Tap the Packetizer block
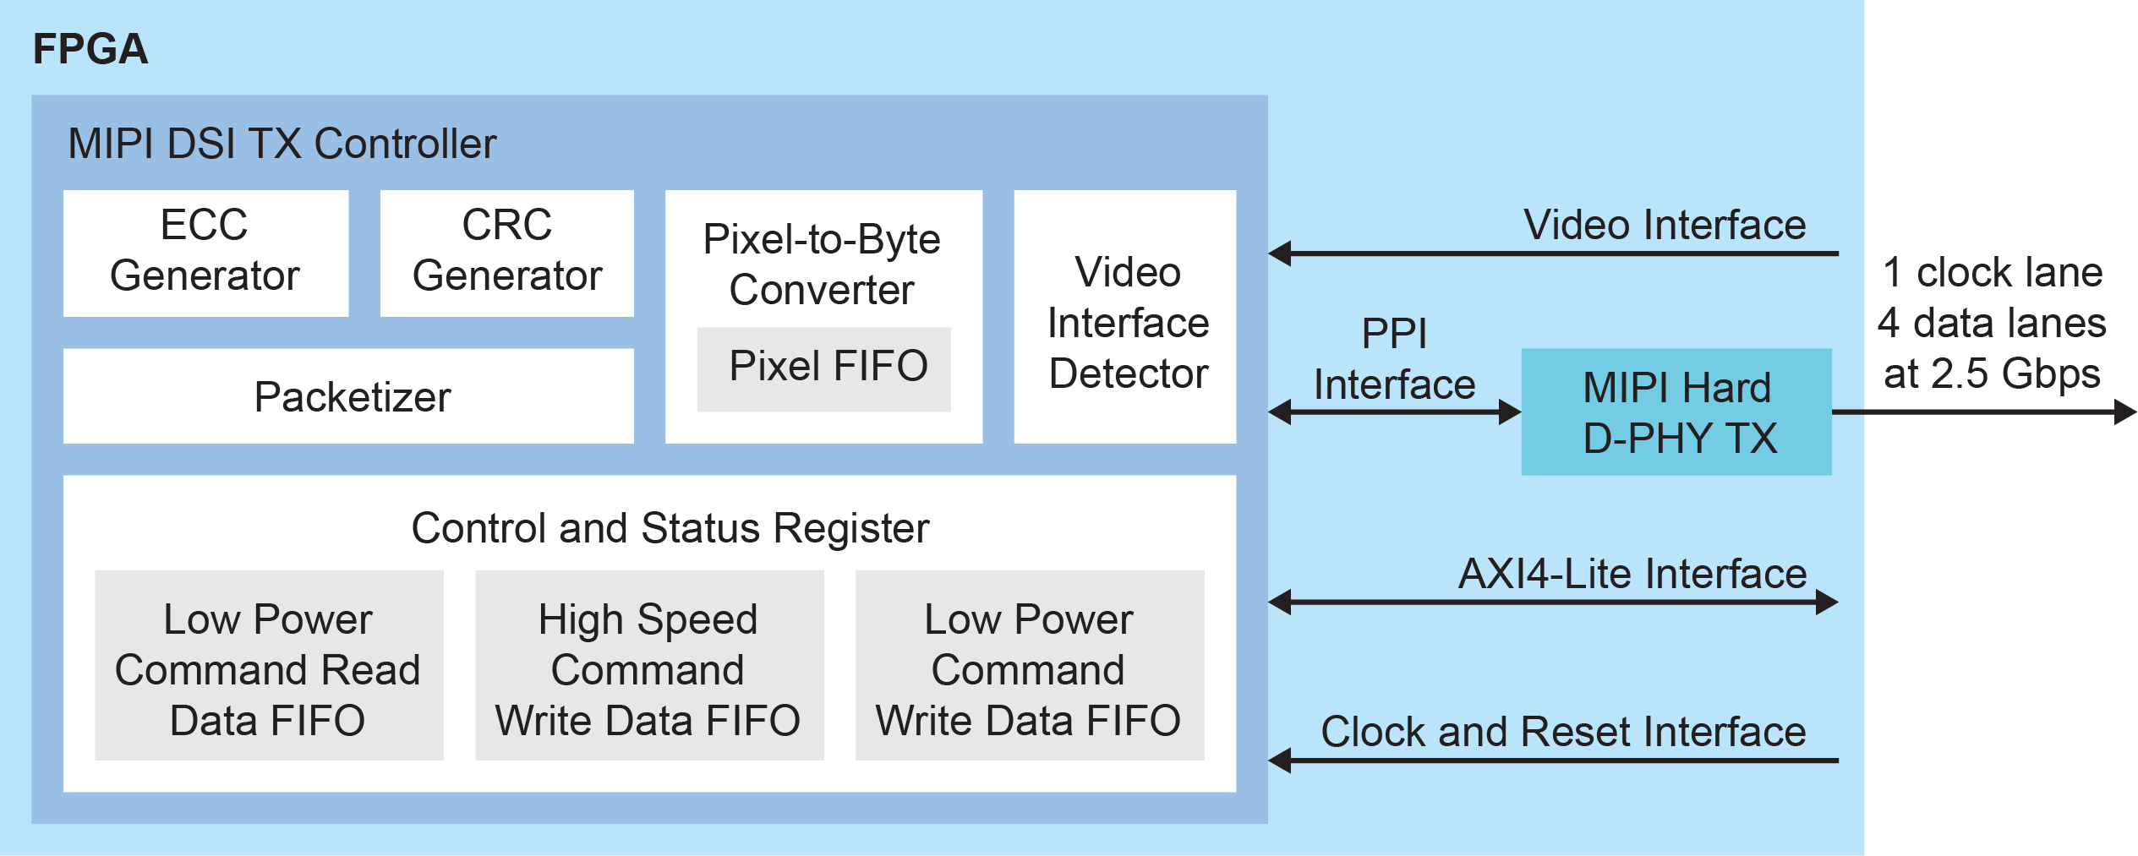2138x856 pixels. click(348, 396)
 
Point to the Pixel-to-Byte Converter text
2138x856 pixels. click(821, 264)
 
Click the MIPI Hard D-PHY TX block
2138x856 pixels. click(1676, 412)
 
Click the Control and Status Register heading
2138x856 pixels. click(670, 528)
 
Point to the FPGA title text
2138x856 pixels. click(90, 49)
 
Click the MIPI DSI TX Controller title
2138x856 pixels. click(282, 144)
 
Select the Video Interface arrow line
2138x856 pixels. click(1556, 253)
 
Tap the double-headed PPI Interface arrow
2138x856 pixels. click(1394, 412)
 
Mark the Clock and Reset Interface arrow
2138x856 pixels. click(1556, 761)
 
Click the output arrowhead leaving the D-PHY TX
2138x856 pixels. click(2124, 412)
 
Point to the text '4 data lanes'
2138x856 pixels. click(1992, 324)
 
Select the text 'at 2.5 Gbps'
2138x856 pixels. click(1992, 373)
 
